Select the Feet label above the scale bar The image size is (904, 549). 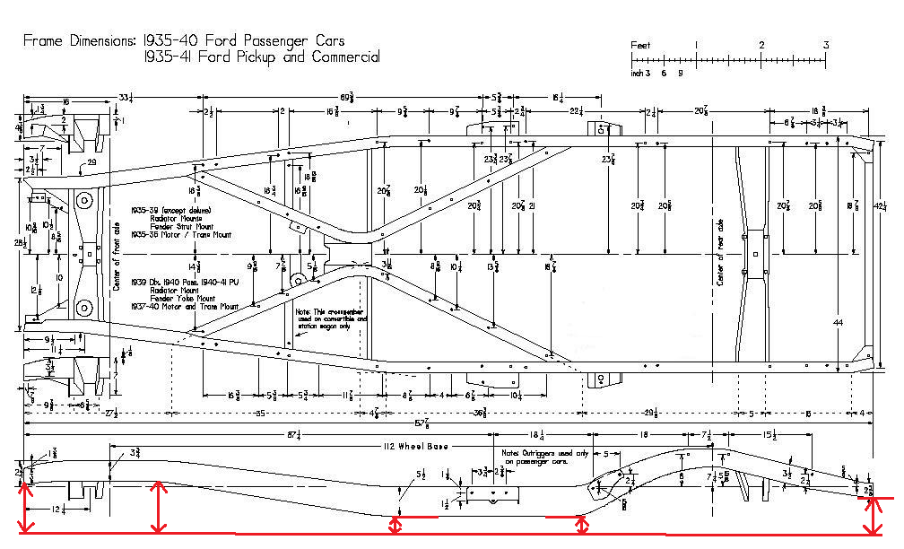point(640,44)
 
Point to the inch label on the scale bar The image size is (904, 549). point(639,74)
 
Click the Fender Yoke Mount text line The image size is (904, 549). point(173,298)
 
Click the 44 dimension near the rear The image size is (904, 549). point(839,321)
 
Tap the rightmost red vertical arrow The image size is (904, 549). point(871,516)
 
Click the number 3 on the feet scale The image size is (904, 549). point(826,45)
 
